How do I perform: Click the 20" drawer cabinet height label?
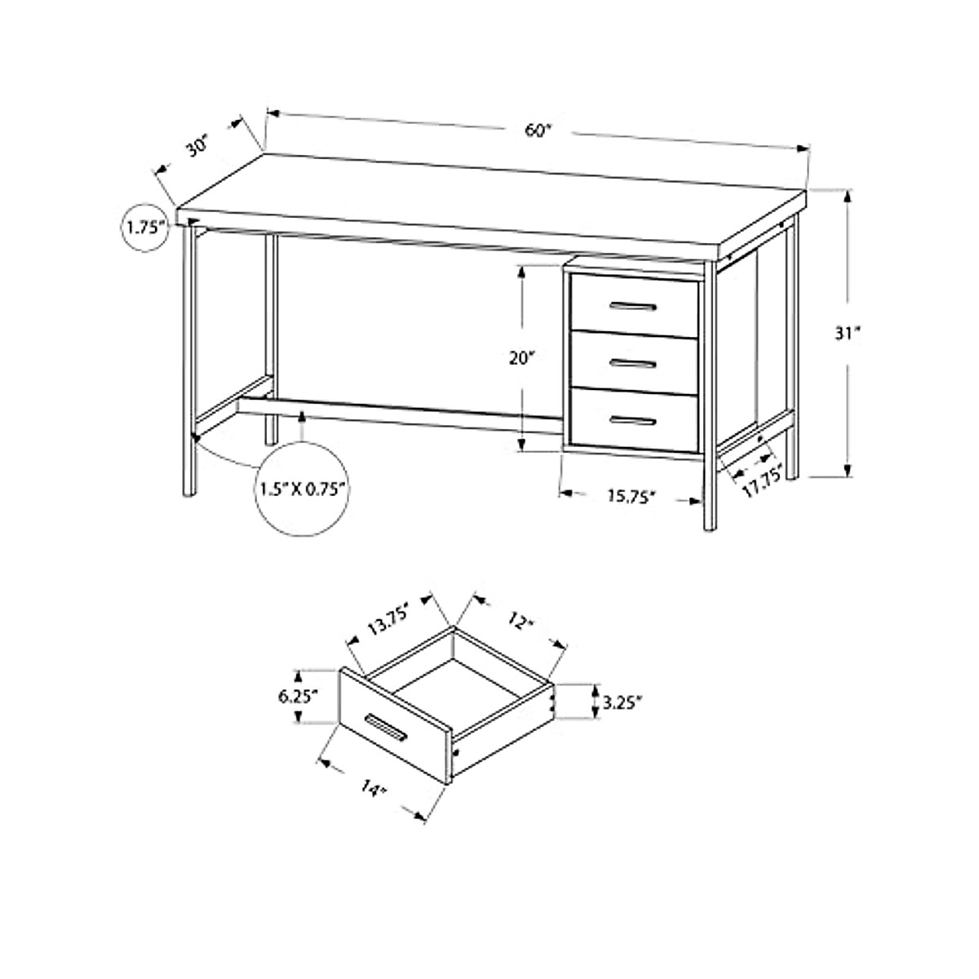coord(521,358)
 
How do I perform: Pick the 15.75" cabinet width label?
coord(631,496)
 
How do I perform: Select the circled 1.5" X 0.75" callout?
coord(303,489)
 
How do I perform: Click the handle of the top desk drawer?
coord(633,307)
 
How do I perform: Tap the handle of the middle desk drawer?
coord(633,364)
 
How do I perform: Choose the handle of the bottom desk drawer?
coord(633,420)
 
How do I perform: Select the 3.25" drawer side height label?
coord(623,701)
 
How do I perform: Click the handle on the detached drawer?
coord(386,728)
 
